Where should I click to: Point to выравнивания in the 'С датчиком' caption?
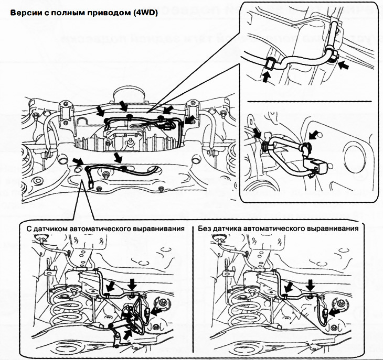point(162,229)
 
